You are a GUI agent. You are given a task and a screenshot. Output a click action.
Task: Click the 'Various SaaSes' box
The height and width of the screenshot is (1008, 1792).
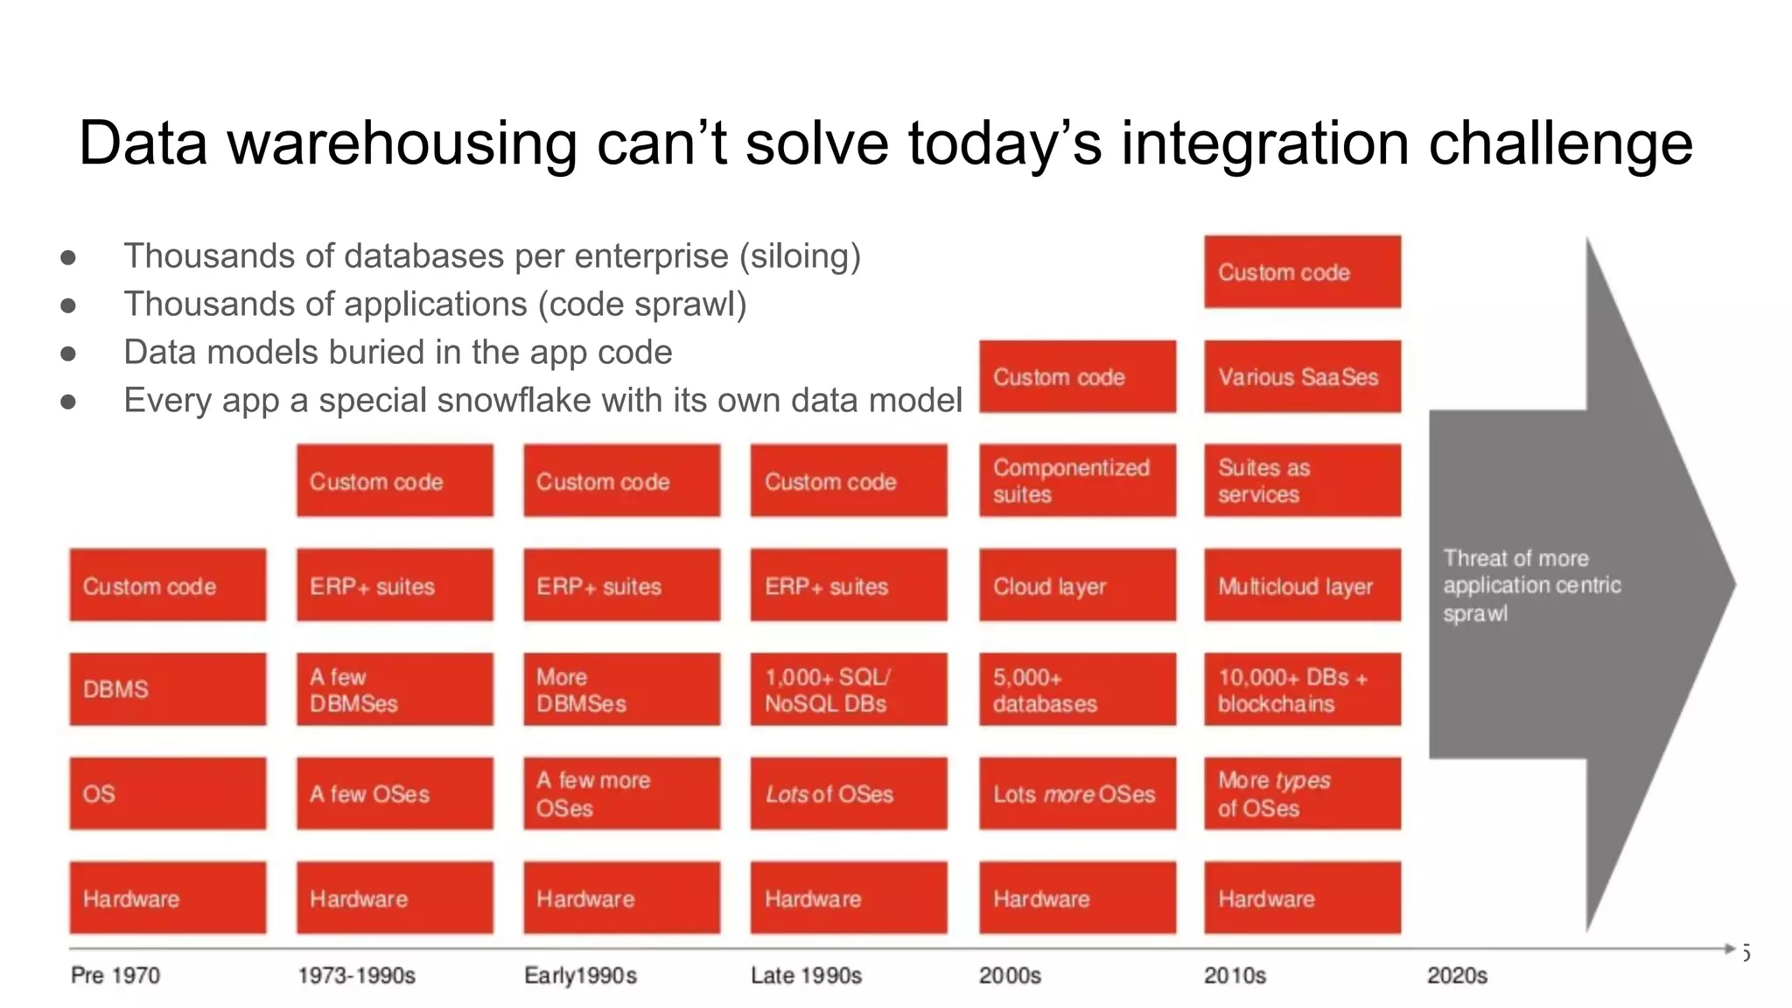coord(1302,376)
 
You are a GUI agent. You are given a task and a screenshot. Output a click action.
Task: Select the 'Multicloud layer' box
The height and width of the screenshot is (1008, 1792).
coord(1302,585)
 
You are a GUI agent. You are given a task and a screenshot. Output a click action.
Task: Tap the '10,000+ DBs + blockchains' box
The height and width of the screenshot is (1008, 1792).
coord(1302,689)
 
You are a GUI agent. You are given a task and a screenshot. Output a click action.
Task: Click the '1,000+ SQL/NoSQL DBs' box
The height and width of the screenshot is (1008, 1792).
coord(848,689)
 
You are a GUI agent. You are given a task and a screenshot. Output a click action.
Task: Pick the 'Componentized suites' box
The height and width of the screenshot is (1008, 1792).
coord(1077,480)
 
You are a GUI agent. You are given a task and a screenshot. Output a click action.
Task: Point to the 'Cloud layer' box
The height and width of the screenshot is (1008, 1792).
coord(1077,585)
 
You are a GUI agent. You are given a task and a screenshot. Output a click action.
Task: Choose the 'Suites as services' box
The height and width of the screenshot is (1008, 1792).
coord(1302,480)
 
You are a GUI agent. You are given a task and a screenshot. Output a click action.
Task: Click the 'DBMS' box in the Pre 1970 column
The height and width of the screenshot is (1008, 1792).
coord(167,689)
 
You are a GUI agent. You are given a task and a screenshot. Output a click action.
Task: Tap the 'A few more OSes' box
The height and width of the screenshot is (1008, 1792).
coord(621,794)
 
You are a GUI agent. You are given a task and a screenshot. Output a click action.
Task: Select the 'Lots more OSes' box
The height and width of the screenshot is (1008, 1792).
coord(1077,794)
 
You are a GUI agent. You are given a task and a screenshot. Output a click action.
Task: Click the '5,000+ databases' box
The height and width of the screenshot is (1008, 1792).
coord(1077,689)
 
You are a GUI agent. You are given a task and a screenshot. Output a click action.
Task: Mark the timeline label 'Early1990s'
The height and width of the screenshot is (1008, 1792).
coord(580,975)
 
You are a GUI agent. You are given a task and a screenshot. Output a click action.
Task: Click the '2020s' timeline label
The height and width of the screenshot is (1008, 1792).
coord(1457,975)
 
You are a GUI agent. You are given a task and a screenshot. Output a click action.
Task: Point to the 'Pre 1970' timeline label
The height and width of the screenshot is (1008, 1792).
coord(115,975)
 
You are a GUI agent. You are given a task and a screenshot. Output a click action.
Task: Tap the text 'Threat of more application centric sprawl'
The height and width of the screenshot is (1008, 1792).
coord(1531,584)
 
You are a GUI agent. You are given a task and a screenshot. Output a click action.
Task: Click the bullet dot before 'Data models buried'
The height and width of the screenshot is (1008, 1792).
coord(68,353)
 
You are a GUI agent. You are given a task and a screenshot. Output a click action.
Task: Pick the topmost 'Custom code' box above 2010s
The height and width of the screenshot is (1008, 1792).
coord(1302,272)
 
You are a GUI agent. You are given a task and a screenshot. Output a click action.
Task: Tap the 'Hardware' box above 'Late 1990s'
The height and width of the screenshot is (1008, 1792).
coord(848,898)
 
